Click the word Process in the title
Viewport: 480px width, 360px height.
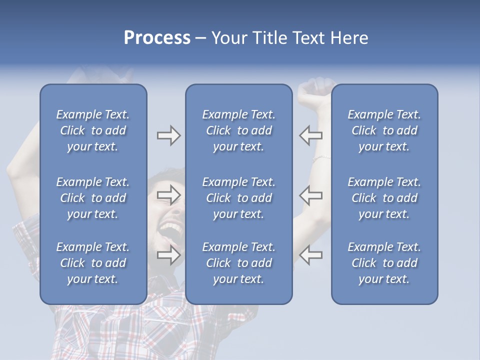pyautogui.click(x=157, y=38)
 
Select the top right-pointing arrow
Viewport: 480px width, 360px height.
pyautogui.click(x=168, y=135)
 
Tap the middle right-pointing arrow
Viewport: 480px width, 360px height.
pyautogui.click(x=168, y=195)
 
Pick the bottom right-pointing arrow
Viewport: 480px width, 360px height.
pyautogui.click(x=168, y=255)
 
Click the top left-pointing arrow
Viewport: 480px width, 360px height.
pyautogui.click(x=311, y=135)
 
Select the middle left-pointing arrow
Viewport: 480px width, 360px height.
pyautogui.click(x=311, y=195)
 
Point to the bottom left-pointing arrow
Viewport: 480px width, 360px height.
pyautogui.click(x=311, y=255)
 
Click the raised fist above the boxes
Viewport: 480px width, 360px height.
pyautogui.click(x=315, y=88)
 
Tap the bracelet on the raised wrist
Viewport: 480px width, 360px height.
pyautogui.click(x=320, y=159)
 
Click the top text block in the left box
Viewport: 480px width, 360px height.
pyautogui.click(x=93, y=130)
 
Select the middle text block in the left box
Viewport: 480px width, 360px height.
pyautogui.click(x=93, y=198)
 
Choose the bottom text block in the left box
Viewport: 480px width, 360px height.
pyautogui.click(x=93, y=263)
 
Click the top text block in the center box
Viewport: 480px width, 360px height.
pyautogui.click(x=238, y=130)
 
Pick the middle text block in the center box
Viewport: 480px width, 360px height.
pyautogui.click(x=238, y=198)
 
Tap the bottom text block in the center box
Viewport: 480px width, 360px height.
pyautogui.click(x=238, y=263)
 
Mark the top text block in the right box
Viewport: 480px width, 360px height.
pyautogui.click(x=384, y=130)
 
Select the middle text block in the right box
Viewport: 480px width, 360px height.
pyautogui.click(x=384, y=198)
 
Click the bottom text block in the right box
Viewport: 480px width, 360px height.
pyautogui.click(x=384, y=263)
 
